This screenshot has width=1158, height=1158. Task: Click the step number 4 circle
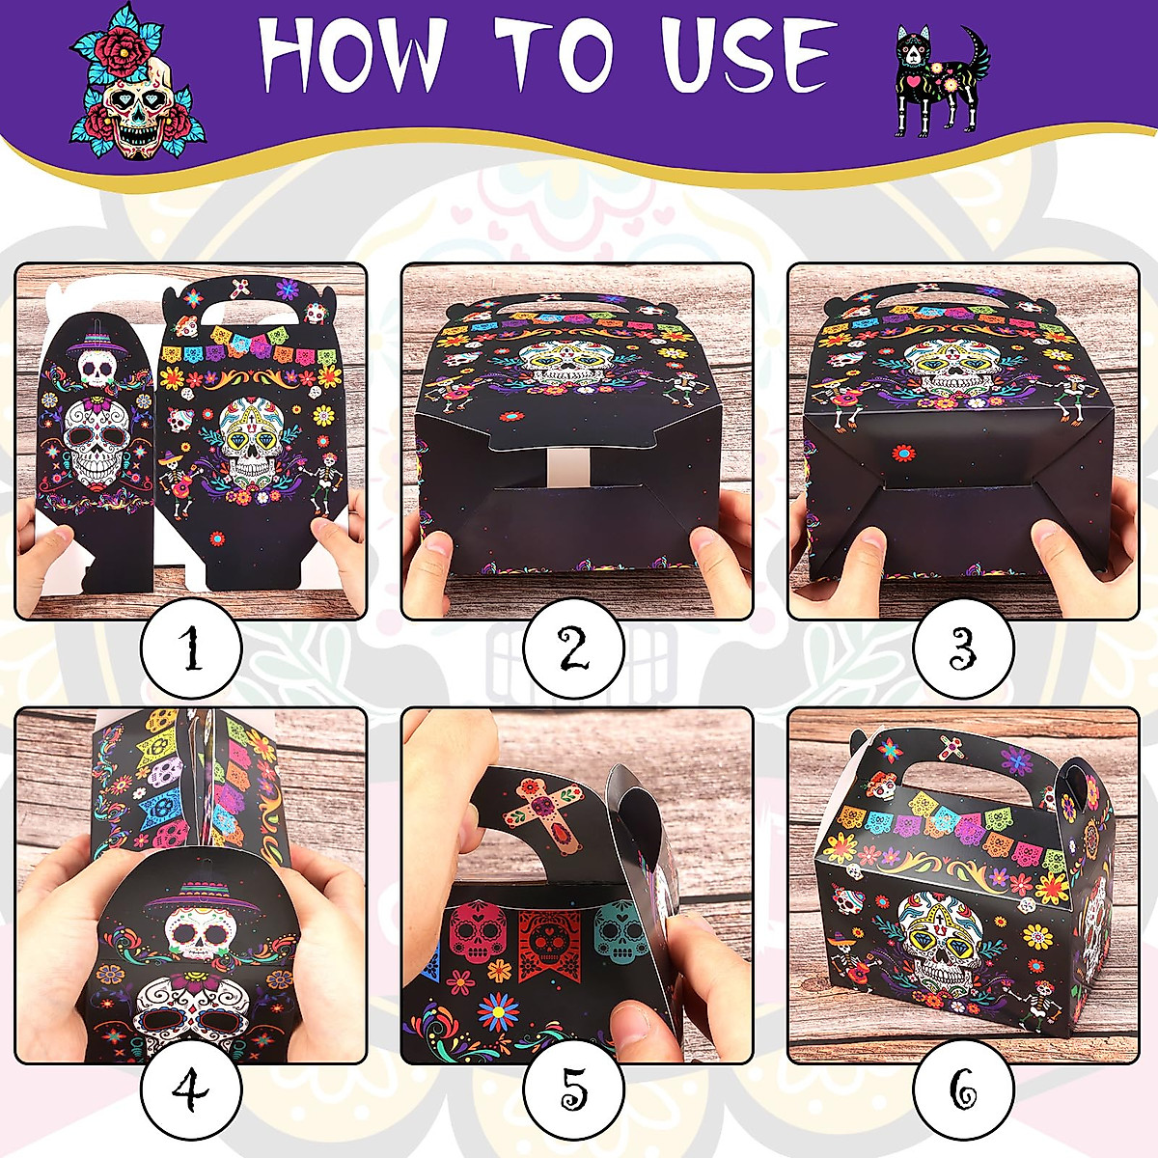coord(191,1090)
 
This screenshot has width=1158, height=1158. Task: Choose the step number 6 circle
coord(963,1090)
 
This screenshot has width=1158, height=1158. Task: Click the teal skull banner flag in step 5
coord(618,932)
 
